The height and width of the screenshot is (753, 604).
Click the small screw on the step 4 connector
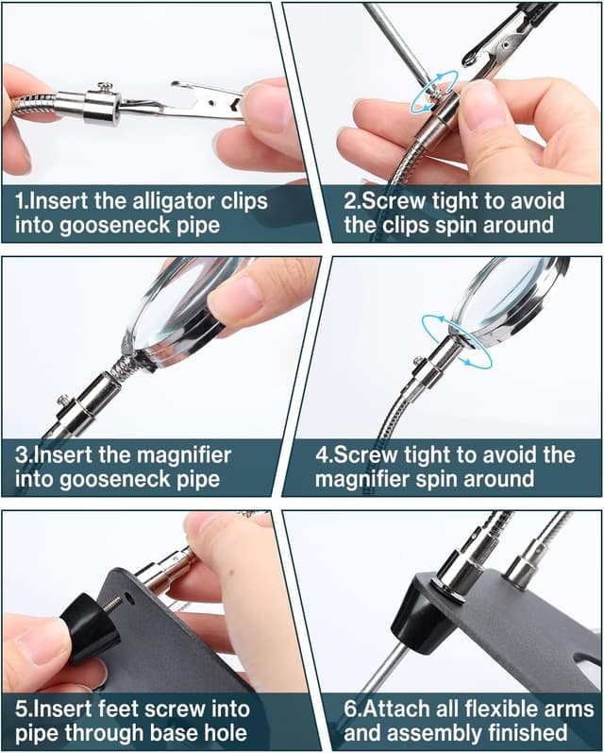click(419, 361)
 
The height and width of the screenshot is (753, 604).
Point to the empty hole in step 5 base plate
click(128, 597)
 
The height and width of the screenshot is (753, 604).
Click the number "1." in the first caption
click(21, 200)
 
